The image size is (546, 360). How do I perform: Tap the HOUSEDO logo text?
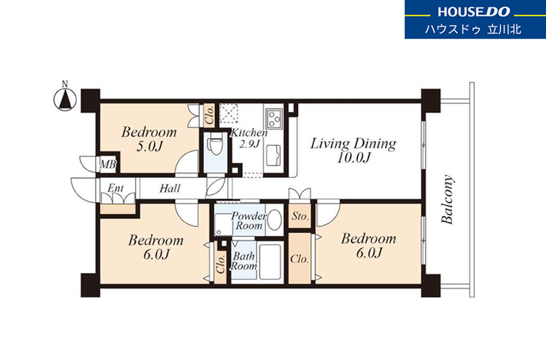point(474,12)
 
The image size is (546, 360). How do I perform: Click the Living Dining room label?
point(353,143)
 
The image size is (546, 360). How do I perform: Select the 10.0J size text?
point(353,158)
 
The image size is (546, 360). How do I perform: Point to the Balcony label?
point(447,198)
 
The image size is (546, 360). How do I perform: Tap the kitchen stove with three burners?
point(274,118)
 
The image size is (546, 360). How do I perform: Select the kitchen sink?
point(274,156)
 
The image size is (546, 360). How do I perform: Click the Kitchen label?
point(249,133)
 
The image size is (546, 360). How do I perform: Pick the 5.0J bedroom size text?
point(150,147)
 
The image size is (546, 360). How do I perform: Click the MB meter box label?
point(108,165)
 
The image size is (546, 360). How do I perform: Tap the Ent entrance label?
point(116,188)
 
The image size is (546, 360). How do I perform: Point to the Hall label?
point(170,189)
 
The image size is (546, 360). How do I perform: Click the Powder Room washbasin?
point(275,220)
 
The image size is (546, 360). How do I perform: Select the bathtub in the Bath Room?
point(270,261)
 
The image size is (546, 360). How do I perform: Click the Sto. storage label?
point(300,216)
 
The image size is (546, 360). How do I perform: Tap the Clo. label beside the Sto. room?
point(300,259)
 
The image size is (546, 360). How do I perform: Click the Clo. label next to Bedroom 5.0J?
point(210,115)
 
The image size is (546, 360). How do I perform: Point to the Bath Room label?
point(243,261)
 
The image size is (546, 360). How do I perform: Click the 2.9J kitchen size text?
point(249,143)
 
